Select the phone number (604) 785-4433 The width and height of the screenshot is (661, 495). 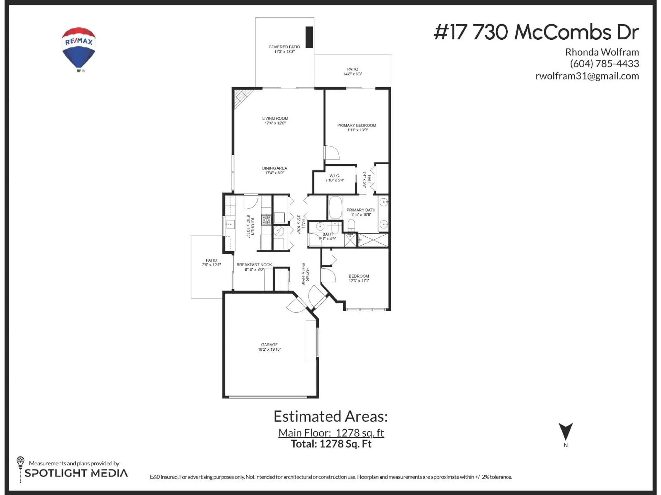pyautogui.click(x=604, y=64)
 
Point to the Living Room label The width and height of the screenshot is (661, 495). pyautogui.click(x=275, y=118)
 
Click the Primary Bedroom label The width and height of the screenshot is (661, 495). pyautogui.click(x=356, y=126)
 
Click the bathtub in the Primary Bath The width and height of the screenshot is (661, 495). pyautogui.click(x=335, y=208)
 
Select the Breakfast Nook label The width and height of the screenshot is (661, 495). pyautogui.click(x=254, y=265)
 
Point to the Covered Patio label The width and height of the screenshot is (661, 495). pyautogui.click(x=284, y=47)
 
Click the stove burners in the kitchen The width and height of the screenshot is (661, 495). pyautogui.click(x=266, y=220)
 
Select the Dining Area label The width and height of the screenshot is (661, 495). pyautogui.click(x=274, y=168)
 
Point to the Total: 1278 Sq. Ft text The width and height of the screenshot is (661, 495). pyautogui.click(x=331, y=444)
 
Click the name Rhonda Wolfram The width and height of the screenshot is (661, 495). pyautogui.click(x=602, y=52)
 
